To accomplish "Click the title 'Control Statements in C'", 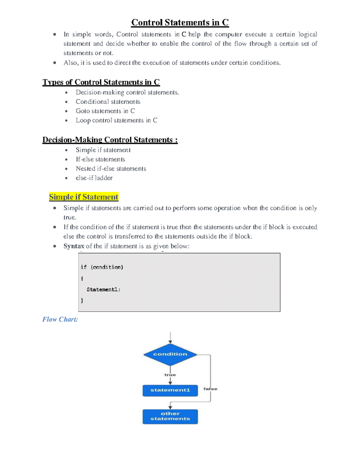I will pyautogui.click(x=180, y=23).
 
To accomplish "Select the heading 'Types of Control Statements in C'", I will pyautogui.click(x=101, y=82).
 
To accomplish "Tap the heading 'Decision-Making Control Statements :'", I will pyautogui.click(x=110, y=140).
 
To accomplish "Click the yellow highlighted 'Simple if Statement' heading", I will pyautogui.click(x=84, y=197).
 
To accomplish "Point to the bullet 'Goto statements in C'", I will pyautogui.click(x=105, y=111).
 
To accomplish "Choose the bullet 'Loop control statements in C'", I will pyautogui.click(x=116, y=120).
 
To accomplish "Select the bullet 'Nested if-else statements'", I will pyautogui.click(x=111, y=169).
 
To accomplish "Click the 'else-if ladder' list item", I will pyautogui.click(x=94, y=178).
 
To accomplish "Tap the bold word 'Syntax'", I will pyautogui.click(x=74, y=246).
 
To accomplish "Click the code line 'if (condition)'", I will pyautogui.click(x=102, y=267).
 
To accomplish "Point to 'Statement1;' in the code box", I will pyautogui.click(x=103, y=290).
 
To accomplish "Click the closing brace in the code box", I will pyautogui.click(x=82, y=300).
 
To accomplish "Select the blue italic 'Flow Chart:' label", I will pyautogui.click(x=60, y=319).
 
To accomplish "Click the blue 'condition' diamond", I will pyautogui.click(x=170, y=354).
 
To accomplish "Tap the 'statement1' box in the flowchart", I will pyautogui.click(x=170, y=390).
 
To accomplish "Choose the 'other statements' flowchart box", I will pyautogui.click(x=170, y=416).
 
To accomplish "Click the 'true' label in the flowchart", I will pyautogui.click(x=170, y=375).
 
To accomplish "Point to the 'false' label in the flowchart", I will pyautogui.click(x=210, y=389).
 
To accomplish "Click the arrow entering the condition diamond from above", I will pyautogui.click(x=170, y=338).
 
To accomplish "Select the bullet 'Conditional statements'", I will pyautogui.click(x=108, y=102).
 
